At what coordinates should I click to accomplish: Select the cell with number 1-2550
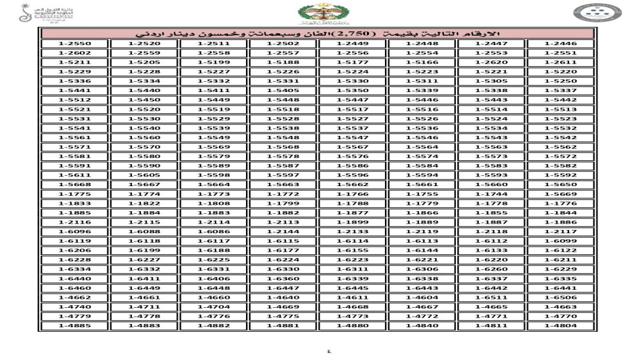[x=73, y=44]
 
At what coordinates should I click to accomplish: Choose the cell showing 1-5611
[x=73, y=175]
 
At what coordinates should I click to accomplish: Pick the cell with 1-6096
[x=73, y=231]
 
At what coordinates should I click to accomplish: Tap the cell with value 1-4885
[x=73, y=326]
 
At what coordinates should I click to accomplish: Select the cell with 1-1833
[x=73, y=203]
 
